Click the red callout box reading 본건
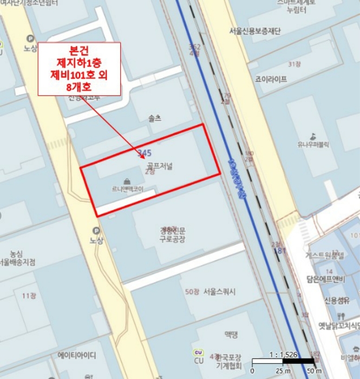pyautogui.click(x=79, y=69)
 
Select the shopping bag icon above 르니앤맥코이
pyautogui.click(x=126, y=181)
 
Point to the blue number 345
pyautogui.click(x=145, y=154)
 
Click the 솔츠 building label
pyautogui.click(x=154, y=117)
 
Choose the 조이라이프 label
pyautogui.click(x=273, y=80)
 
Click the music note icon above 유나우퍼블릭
pyautogui.click(x=312, y=136)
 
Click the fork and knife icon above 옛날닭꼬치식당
pyautogui.click(x=341, y=315)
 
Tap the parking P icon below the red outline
pyautogui.click(x=96, y=230)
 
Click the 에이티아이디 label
pyautogui.click(x=77, y=356)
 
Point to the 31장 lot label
pyautogui.click(x=294, y=64)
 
